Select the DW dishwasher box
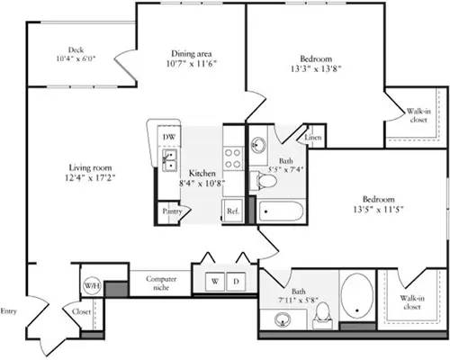(x=168, y=136)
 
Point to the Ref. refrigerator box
(x=232, y=211)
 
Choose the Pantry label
(x=172, y=211)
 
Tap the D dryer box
(x=235, y=281)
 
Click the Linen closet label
(x=312, y=138)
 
